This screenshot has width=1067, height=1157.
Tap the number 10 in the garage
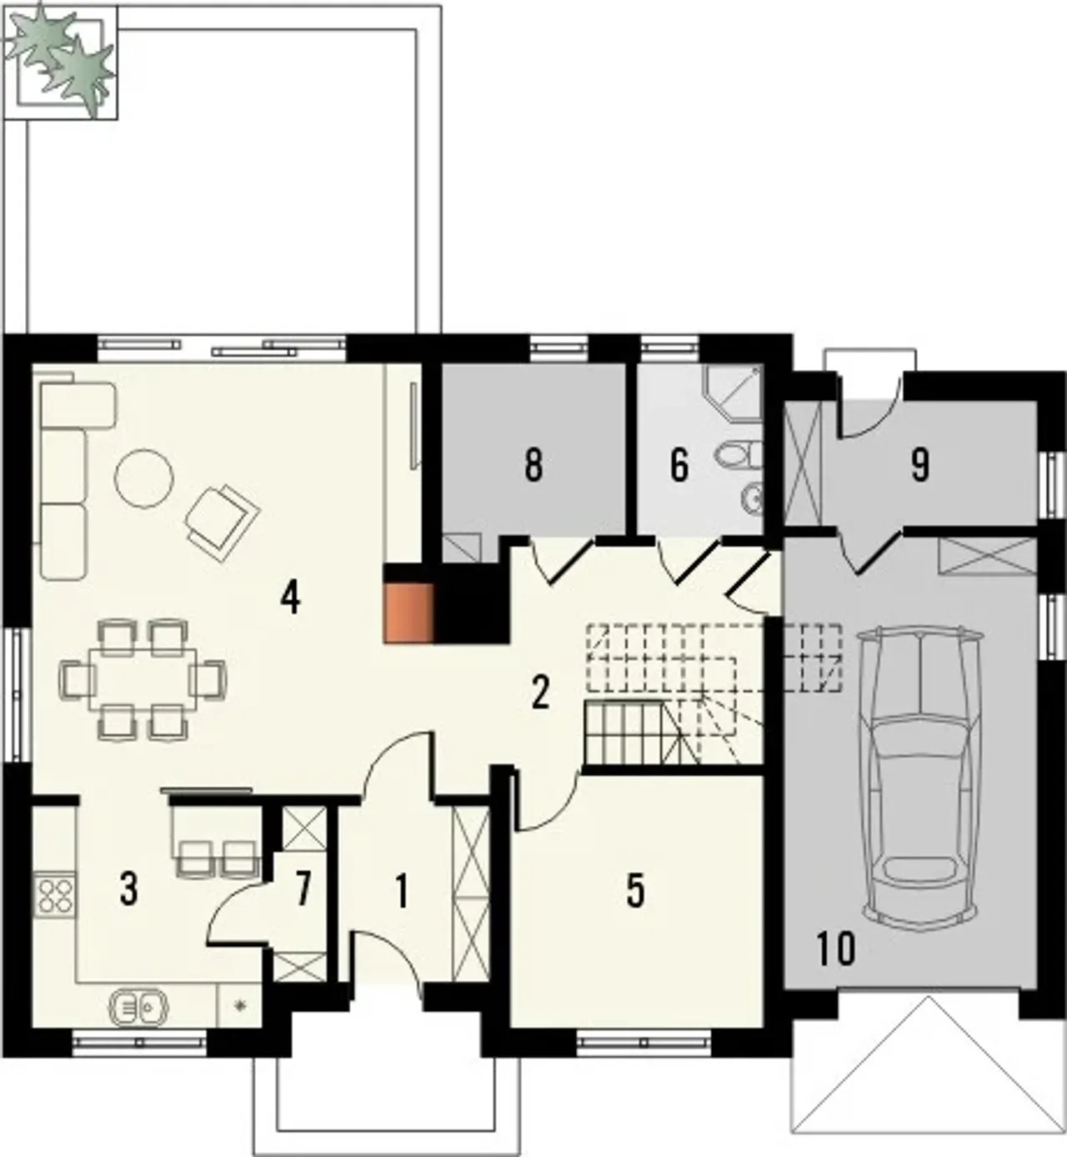click(836, 949)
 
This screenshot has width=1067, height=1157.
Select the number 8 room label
click(533, 465)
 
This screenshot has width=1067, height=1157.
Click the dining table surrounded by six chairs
click(143, 680)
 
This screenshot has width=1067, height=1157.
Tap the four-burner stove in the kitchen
click(55, 896)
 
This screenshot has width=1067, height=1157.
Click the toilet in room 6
click(739, 453)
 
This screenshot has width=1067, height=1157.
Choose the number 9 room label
click(919, 465)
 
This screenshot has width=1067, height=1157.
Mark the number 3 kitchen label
click(128, 889)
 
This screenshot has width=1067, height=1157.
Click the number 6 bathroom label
click(679, 465)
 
